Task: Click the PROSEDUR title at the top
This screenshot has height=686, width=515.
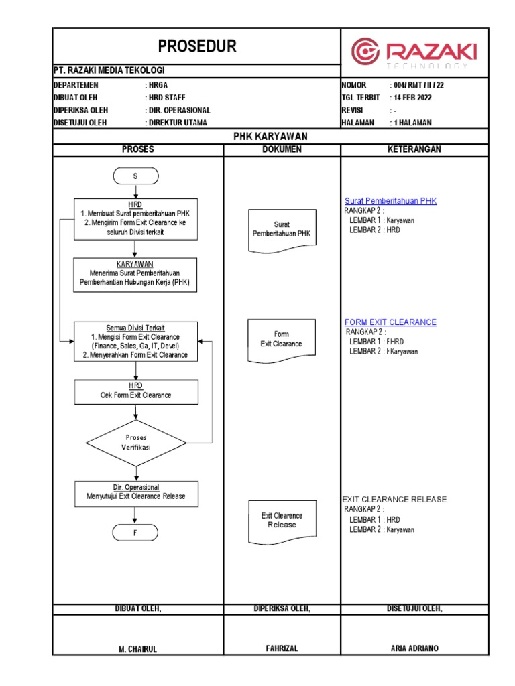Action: [197, 46]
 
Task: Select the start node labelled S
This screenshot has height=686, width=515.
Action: [135, 176]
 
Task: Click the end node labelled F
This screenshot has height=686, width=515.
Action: [135, 533]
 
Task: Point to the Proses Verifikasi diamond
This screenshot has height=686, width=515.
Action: [136, 442]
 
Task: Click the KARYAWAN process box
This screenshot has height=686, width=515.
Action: [135, 274]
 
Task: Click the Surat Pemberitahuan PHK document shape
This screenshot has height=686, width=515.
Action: [282, 230]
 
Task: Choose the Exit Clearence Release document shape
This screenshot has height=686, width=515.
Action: [282, 521]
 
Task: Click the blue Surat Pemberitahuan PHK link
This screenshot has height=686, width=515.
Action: [390, 201]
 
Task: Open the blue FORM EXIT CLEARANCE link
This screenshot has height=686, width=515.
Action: [390, 322]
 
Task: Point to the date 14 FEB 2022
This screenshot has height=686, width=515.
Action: [413, 97]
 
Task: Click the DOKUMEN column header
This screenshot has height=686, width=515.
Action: [282, 149]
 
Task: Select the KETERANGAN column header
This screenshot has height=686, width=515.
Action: [414, 149]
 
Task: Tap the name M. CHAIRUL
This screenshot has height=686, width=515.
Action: [137, 648]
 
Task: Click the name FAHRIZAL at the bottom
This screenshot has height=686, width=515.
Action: [282, 648]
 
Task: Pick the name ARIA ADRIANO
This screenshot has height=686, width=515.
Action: [414, 648]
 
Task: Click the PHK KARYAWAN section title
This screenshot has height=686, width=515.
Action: [270, 136]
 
